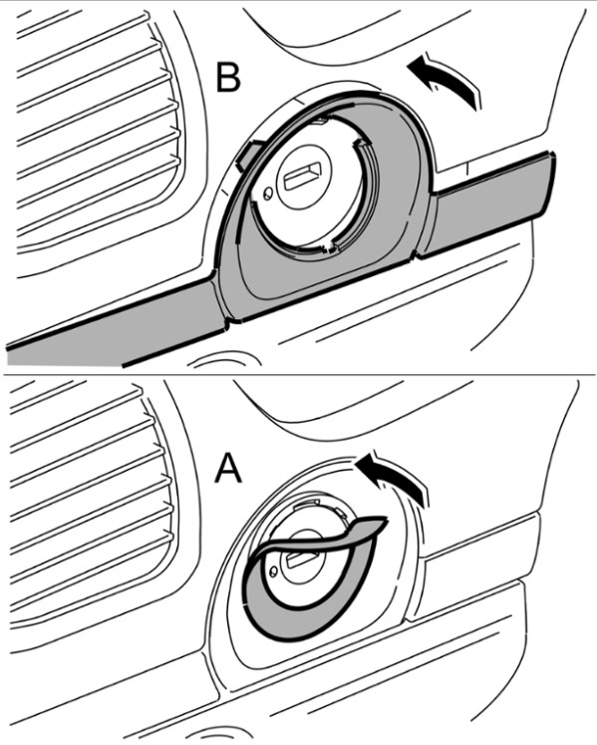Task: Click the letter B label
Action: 228,77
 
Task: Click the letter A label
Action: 228,469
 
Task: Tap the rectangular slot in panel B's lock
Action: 302,175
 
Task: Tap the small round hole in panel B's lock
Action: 268,192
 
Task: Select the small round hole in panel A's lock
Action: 273,571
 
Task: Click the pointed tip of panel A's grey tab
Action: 387,520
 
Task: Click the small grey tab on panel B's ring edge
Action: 246,155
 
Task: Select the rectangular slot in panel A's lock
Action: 298,556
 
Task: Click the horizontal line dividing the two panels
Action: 298,374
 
